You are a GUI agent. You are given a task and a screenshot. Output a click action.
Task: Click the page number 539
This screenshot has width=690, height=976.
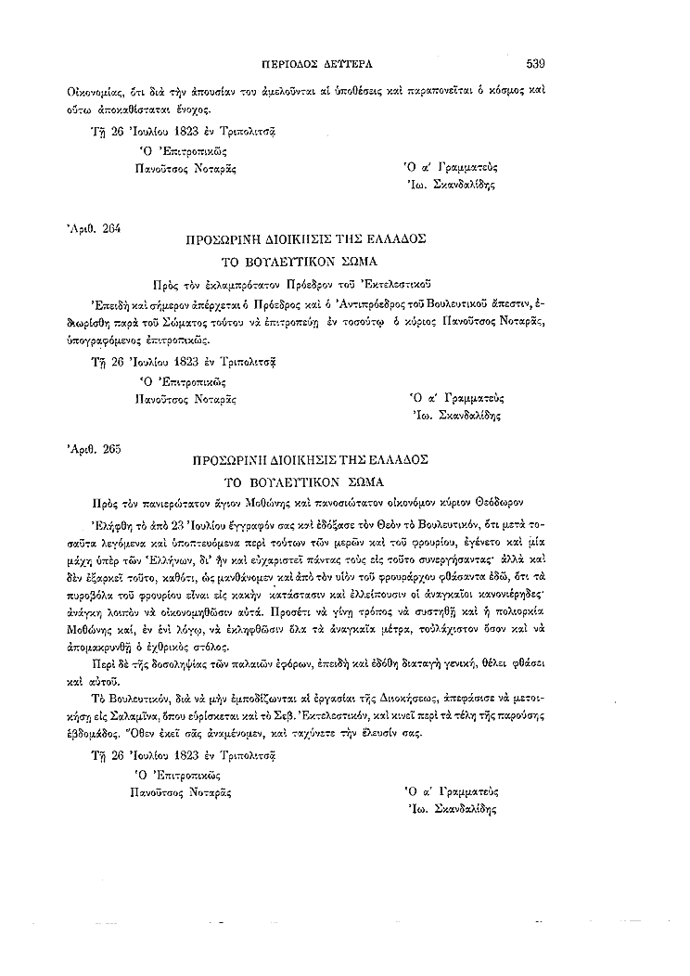[535, 64]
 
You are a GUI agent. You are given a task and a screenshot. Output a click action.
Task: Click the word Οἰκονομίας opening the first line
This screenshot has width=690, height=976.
[95, 93]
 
